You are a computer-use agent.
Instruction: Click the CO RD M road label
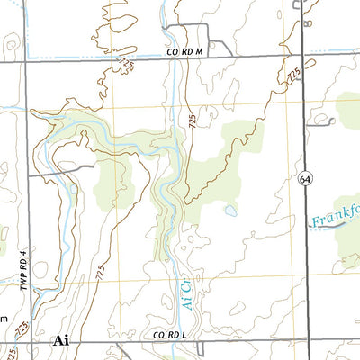[x=185, y=53]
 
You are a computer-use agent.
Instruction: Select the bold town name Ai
[x=61, y=340]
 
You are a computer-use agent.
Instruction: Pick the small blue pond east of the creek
[x=231, y=211]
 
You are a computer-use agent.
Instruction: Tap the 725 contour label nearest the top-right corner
[x=292, y=77]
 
